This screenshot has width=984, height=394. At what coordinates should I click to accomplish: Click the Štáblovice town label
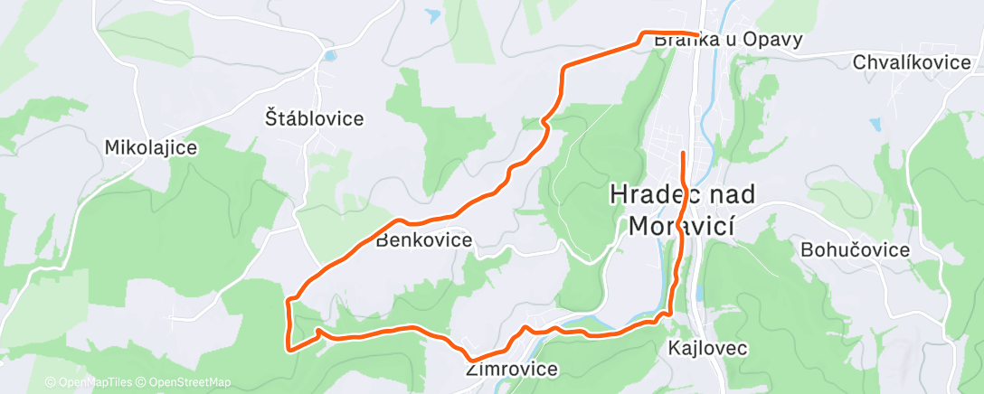(314, 118)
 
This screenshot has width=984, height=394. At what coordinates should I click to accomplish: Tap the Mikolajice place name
(151, 147)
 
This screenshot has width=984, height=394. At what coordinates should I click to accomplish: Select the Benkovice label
(423, 240)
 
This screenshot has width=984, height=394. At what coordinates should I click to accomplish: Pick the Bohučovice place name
(855, 250)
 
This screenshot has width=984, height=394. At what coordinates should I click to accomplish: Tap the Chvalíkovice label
(913, 62)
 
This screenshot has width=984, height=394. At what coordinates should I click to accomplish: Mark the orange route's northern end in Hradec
(682, 153)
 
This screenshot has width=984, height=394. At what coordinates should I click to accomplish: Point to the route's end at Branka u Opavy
(697, 35)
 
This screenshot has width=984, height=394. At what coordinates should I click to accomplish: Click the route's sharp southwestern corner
(289, 347)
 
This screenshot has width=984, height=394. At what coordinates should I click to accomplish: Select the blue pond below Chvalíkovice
(874, 122)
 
